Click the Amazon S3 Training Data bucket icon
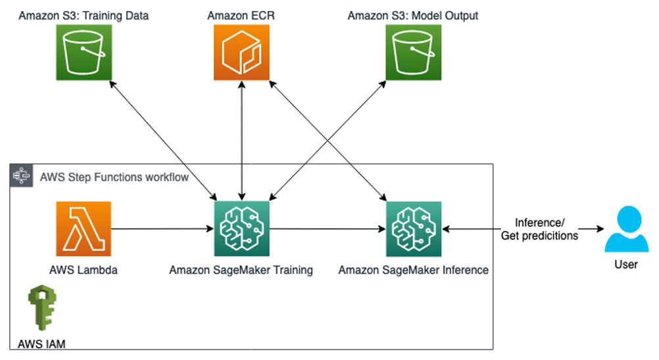(x=84, y=52)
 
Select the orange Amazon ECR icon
(x=241, y=52)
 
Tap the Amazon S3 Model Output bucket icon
(x=414, y=52)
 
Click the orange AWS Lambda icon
(x=84, y=229)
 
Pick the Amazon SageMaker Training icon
(x=241, y=229)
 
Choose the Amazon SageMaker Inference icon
(x=414, y=229)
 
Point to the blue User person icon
(x=626, y=229)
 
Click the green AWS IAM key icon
(x=42, y=307)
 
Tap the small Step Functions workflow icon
(x=22, y=175)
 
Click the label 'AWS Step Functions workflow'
(x=114, y=177)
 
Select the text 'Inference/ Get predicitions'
(x=540, y=229)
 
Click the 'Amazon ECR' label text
(x=241, y=16)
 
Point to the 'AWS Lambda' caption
(x=84, y=270)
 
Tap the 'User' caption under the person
(x=626, y=265)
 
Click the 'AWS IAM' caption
(x=41, y=344)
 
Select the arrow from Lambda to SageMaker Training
(x=162, y=229)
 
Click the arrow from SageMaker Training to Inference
(x=328, y=229)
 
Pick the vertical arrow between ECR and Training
(x=241, y=140)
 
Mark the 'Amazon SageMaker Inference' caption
(x=414, y=270)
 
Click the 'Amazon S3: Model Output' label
(x=413, y=16)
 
